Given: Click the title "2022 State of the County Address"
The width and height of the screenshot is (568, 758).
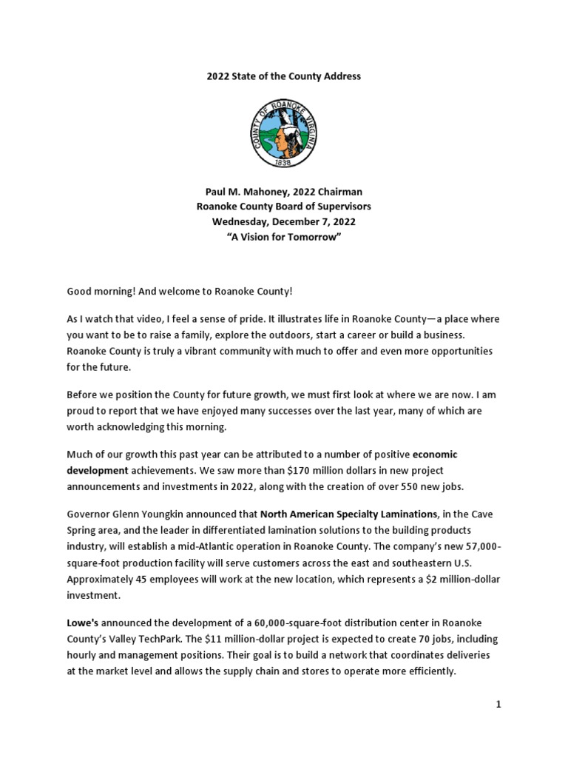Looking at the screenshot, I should (283, 76).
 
